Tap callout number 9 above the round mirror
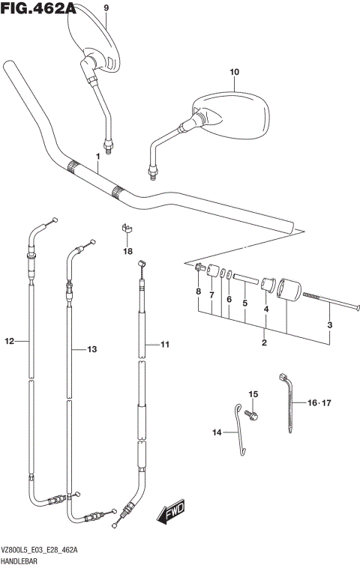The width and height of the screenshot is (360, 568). coord(106,7)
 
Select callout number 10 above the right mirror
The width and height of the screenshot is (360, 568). coord(234,72)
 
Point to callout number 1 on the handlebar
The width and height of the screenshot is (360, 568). coord(97,156)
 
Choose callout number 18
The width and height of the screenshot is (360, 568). coord(127,251)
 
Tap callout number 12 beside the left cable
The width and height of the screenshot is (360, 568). coord(10,342)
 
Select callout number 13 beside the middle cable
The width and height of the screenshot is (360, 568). coord(92,349)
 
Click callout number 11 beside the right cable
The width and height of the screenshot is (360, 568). coord(165,345)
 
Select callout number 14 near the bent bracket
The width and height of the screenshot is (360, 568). coord(217,432)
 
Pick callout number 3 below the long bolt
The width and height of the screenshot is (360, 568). coord(328,324)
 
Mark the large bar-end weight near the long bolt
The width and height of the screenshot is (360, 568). coord(288,291)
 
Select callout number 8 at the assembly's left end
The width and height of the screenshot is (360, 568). coord(198,291)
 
